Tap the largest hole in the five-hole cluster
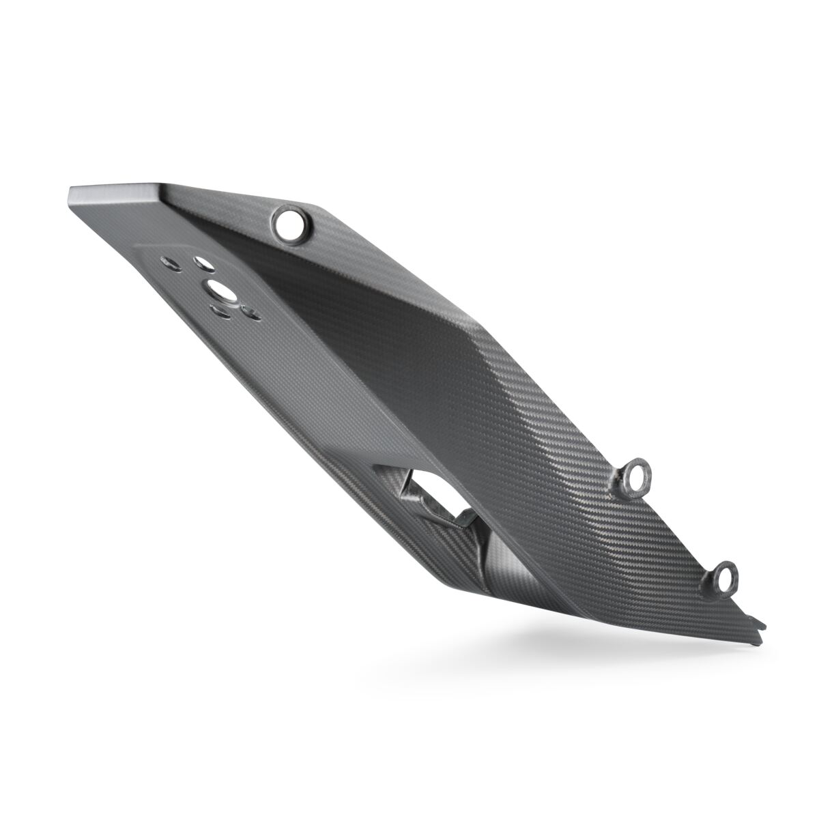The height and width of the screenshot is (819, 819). pyautogui.click(x=222, y=289)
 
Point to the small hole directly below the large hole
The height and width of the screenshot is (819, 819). pyautogui.click(x=220, y=312)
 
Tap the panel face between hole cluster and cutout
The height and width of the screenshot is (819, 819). pyautogui.click(x=300, y=382)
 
